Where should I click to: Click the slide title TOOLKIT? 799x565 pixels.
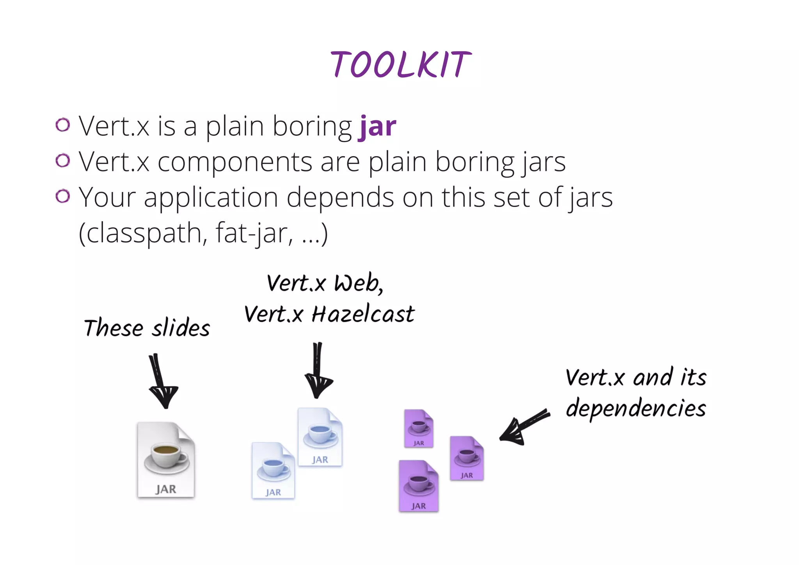(401, 64)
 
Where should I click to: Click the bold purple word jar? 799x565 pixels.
(377, 127)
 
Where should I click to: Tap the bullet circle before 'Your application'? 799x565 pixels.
(62, 196)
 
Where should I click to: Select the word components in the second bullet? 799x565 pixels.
(235, 162)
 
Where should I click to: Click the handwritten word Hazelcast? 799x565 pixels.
(363, 314)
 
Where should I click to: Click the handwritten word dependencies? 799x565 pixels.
(636, 408)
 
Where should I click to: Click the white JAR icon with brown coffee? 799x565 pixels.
(166, 460)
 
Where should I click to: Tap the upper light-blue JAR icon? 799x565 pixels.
(320, 437)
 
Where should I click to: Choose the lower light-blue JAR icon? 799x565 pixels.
(273, 470)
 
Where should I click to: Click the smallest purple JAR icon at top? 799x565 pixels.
(419, 428)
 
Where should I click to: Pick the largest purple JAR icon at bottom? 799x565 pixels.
(419, 486)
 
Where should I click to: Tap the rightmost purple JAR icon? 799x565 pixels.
(467, 458)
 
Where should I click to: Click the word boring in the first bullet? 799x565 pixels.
(312, 127)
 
